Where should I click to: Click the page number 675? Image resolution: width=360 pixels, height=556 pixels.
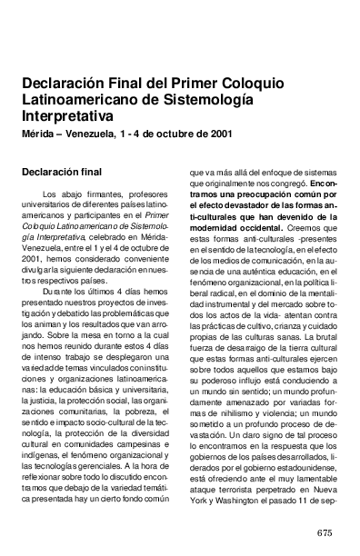pos(327,531)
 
